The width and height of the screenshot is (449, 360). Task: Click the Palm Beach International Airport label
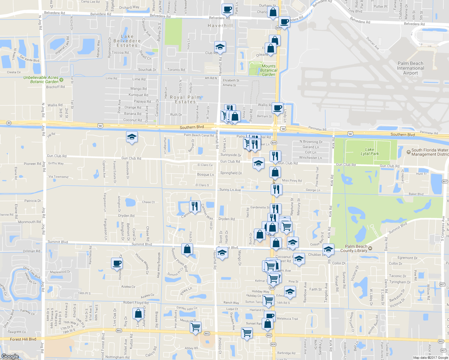(x=410, y=68)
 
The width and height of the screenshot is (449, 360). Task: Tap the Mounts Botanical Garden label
(x=268, y=70)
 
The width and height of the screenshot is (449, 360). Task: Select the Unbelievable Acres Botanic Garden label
(x=41, y=79)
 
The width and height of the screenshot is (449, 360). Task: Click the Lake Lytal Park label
(x=370, y=151)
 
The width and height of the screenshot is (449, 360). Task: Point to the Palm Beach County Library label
(x=356, y=248)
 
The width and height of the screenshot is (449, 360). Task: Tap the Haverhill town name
(x=220, y=26)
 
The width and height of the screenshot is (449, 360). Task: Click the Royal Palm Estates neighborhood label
(x=185, y=100)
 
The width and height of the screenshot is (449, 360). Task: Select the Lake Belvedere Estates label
(x=127, y=41)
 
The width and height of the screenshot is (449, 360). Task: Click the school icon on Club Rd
(x=220, y=47)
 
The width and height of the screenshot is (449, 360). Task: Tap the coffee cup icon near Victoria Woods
(x=117, y=263)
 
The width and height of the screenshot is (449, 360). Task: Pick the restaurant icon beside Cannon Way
(x=195, y=206)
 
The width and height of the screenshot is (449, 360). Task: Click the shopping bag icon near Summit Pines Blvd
(x=187, y=249)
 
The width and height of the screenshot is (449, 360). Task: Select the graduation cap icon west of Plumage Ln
(x=132, y=137)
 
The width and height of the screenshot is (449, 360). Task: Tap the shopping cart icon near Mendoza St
(x=195, y=327)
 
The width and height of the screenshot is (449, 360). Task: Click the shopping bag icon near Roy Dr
(x=138, y=314)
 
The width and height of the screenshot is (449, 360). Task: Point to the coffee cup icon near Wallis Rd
(x=278, y=108)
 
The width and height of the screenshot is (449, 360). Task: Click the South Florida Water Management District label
(x=429, y=152)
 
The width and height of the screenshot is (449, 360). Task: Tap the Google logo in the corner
(x=10, y=356)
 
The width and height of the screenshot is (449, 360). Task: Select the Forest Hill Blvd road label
(x=23, y=339)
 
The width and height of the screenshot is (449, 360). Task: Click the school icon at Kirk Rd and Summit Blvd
(x=328, y=249)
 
